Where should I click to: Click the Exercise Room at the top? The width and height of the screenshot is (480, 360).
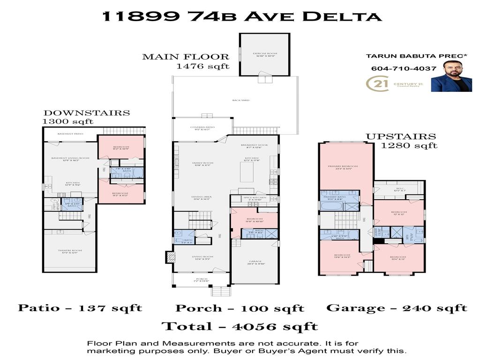point(264,54)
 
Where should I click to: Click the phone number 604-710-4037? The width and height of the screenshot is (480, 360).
point(404,68)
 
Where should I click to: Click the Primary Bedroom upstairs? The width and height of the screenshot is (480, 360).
point(346,167)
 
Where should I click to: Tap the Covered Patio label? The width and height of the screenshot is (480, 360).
point(202,128)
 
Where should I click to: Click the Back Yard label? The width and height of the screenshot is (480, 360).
point(240,100)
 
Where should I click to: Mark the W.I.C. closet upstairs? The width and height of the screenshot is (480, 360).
point(398,190)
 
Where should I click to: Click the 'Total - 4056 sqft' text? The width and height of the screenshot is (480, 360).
point(240,326)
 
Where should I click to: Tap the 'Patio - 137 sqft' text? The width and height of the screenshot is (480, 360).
point(80,308)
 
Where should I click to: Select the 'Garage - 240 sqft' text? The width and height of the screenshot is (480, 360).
point(397,308)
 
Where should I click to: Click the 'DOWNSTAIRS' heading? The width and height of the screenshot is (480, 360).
point(86,113)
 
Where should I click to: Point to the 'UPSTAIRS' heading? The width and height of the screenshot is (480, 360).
point(401,137)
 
